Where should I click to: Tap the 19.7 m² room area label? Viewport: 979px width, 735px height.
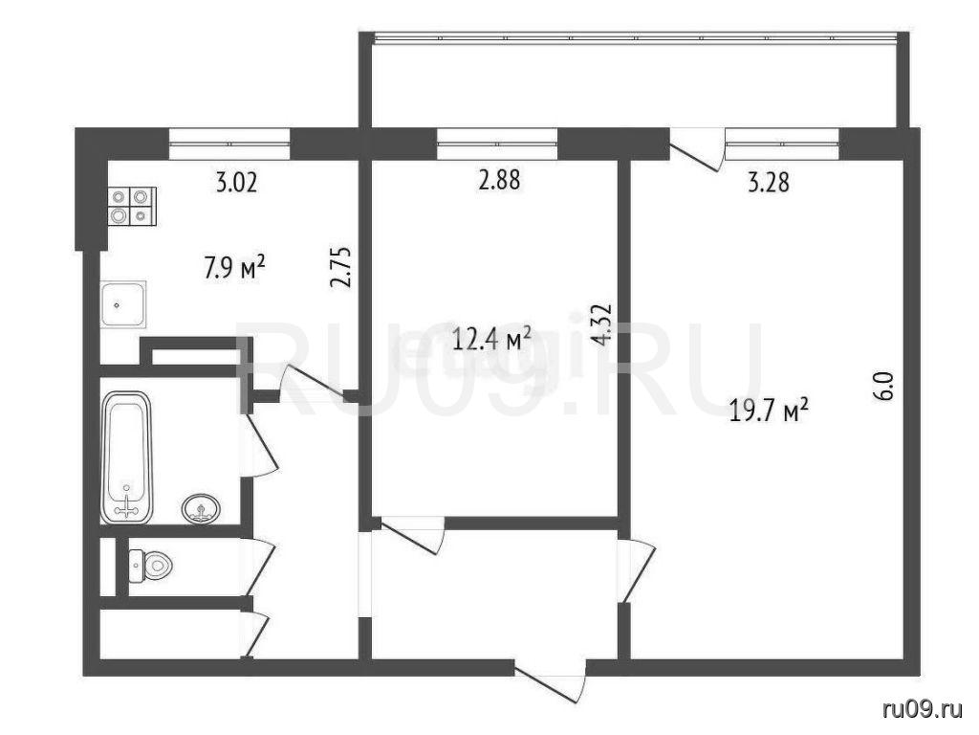770,412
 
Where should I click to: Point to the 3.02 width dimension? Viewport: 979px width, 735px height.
236,183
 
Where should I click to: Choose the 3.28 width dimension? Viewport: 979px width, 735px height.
769,183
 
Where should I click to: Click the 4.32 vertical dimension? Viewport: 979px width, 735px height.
603,324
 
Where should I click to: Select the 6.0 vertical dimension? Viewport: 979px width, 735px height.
888,386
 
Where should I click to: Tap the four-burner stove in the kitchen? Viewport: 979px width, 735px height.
132,207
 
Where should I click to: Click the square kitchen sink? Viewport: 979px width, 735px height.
123,304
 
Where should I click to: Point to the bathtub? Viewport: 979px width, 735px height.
127,457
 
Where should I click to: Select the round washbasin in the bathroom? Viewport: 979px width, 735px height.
201,507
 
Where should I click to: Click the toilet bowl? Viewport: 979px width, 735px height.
150,567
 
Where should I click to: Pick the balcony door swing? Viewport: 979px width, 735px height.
697,148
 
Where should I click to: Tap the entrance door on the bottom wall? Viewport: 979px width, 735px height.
552,682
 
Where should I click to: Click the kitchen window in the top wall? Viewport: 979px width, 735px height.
229,144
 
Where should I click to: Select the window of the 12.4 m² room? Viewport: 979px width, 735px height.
497,144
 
